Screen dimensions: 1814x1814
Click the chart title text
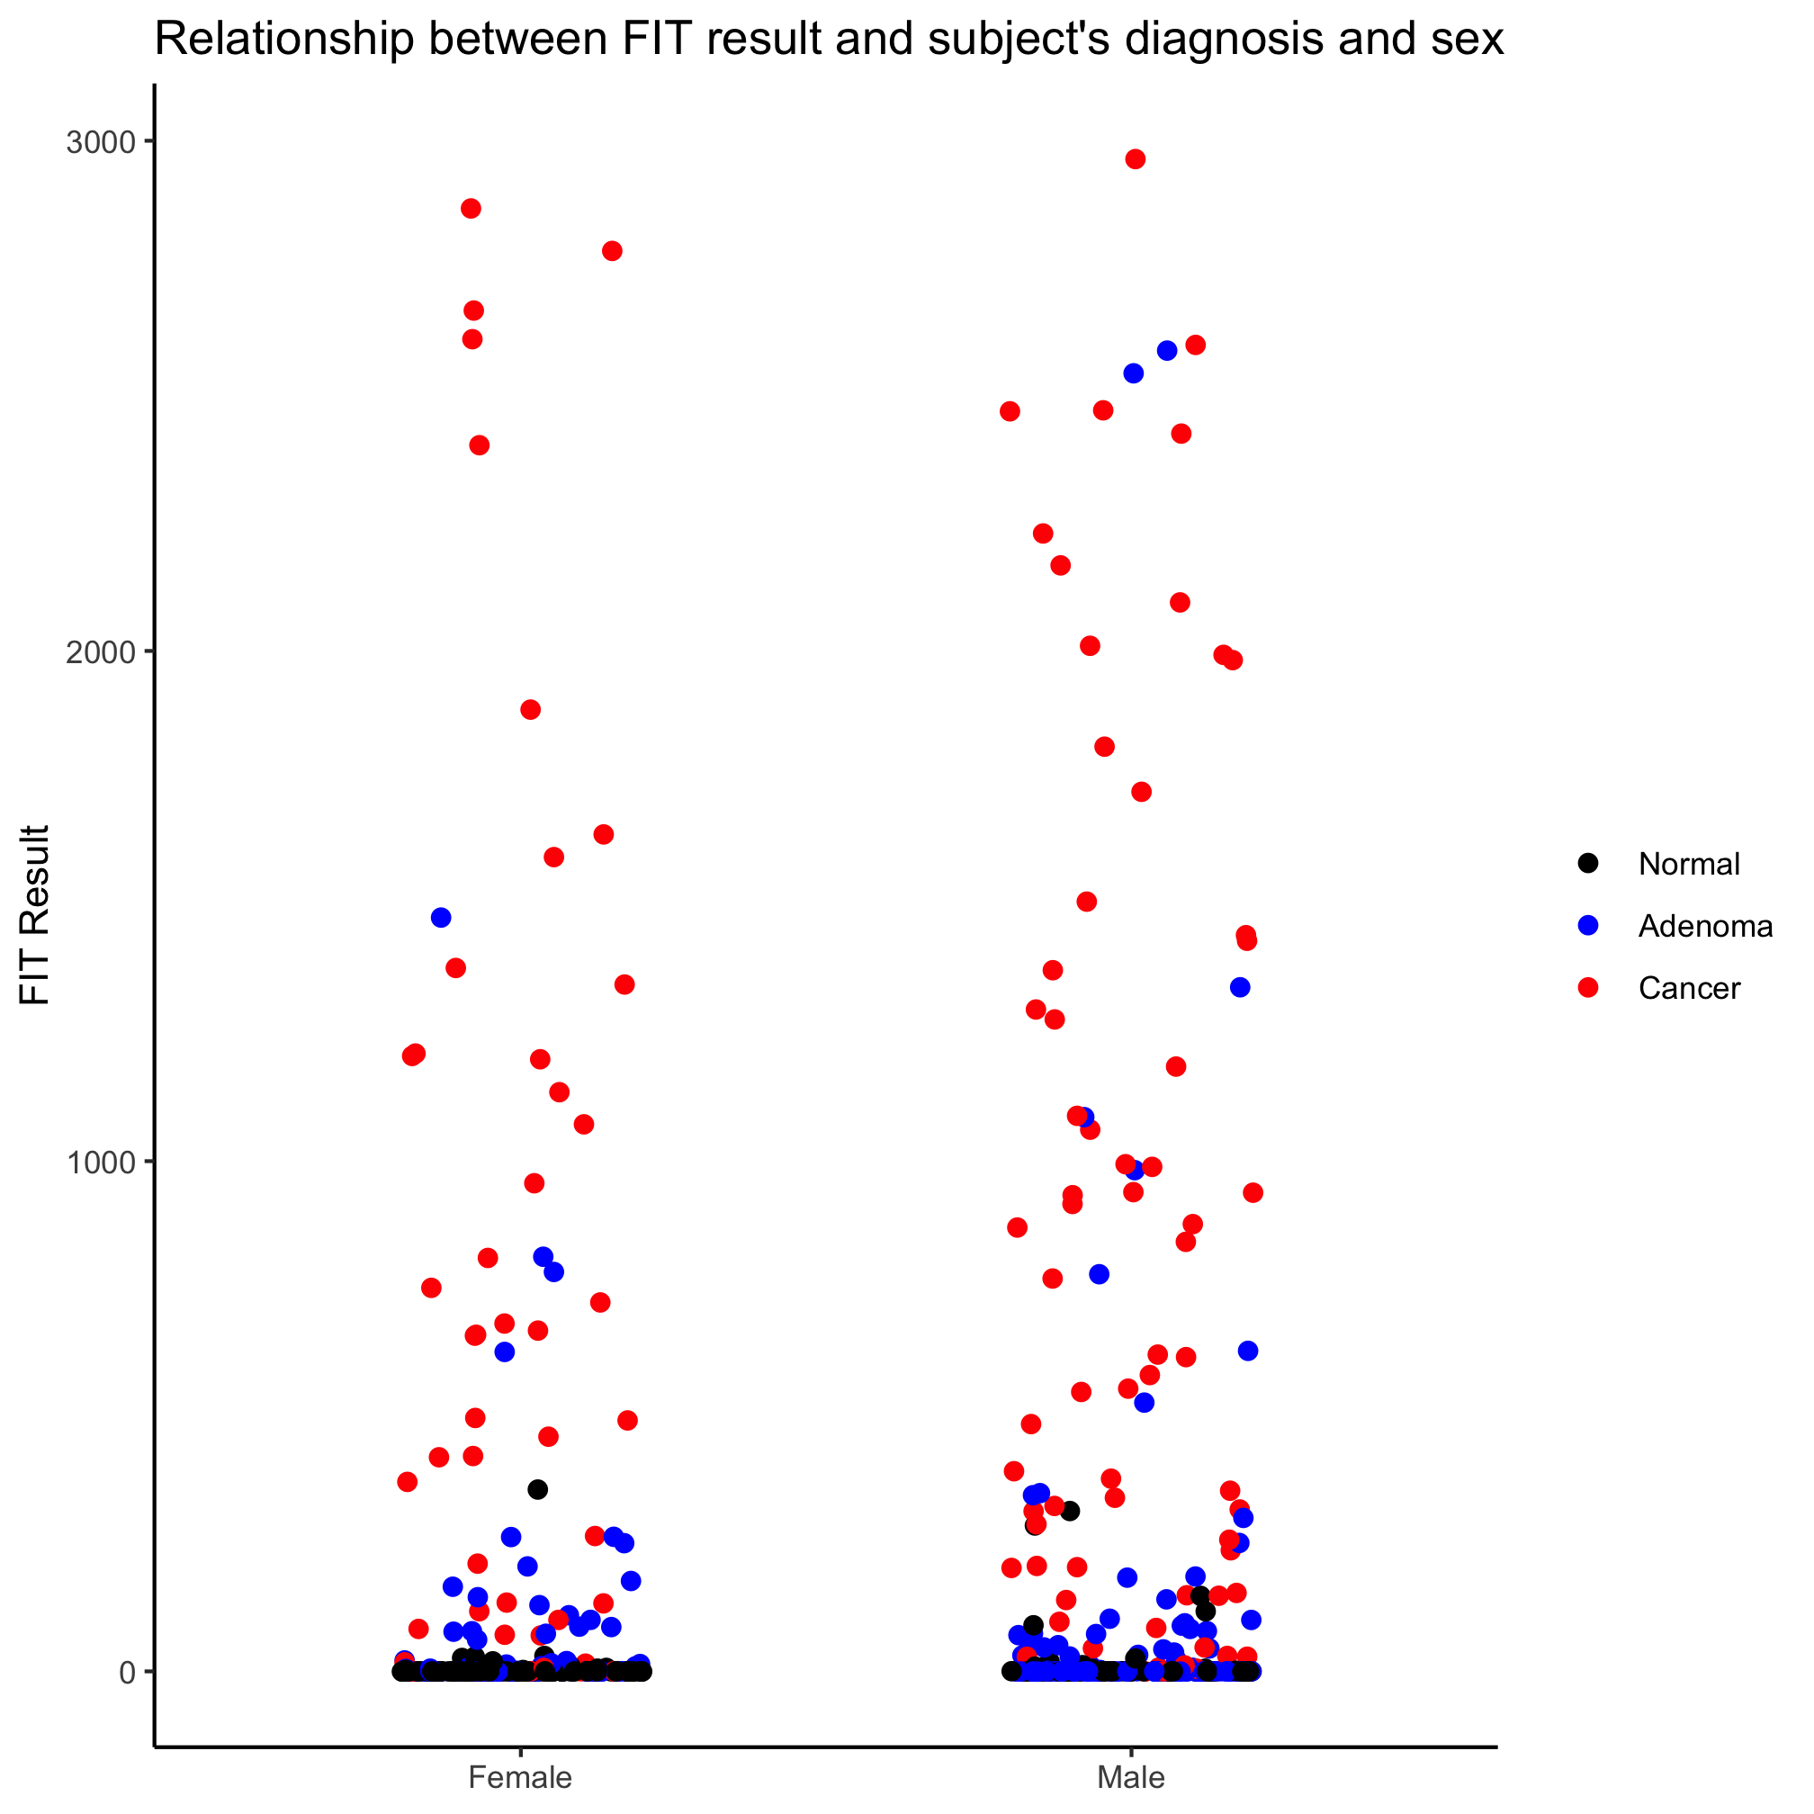[x=829, y=40]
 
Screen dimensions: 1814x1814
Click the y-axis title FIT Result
[x=35, y=915]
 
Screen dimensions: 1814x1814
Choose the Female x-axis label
[x=520, y=1777]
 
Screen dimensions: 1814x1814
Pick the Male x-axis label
[x=1131, y=1777]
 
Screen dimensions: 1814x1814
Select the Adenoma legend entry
[x=1705, y=927]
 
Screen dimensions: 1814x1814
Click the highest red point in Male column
[x=1136, y=158]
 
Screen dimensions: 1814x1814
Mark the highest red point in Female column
[x=471, y=209]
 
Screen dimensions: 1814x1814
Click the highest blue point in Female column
[x=441, y=917]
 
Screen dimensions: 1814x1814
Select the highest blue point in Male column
[x=1167, y=350]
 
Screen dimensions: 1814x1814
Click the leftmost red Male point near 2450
[x=1010, y=411]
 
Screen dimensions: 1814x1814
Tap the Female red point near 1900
[x=531, y=710]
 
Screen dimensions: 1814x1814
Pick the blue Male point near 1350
[x=1240, y=987]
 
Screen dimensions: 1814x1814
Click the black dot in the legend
[x=1589, y=864]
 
